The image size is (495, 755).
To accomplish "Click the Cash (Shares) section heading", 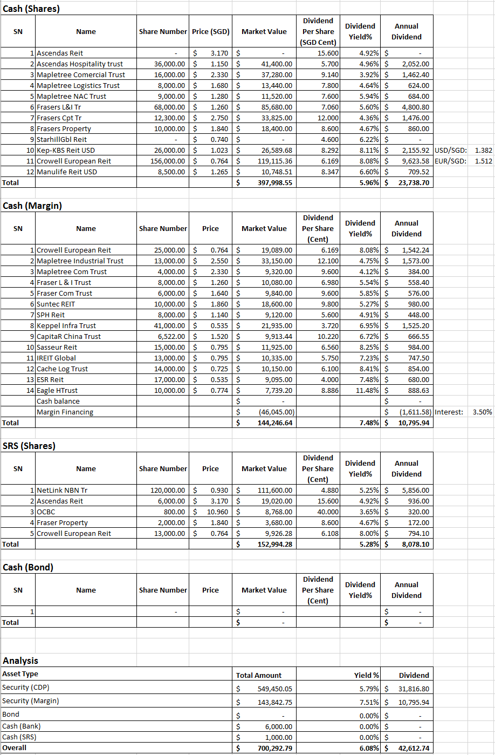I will [x=31, y=8].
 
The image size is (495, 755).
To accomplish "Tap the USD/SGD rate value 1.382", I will [x=483, y=150].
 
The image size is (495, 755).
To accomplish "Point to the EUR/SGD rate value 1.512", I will [x=483, y=161].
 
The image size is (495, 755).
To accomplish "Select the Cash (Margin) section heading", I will [x=32, y=206].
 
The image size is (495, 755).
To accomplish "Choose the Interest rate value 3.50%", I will [x=482, y=412].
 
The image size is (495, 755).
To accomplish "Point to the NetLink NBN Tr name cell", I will [x=61, y=490].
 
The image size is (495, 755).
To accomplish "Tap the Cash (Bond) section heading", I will [x=28, y=567].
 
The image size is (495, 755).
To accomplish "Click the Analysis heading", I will [x=20, y=661].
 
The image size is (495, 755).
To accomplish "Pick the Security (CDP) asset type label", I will [x=26, y=687].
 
